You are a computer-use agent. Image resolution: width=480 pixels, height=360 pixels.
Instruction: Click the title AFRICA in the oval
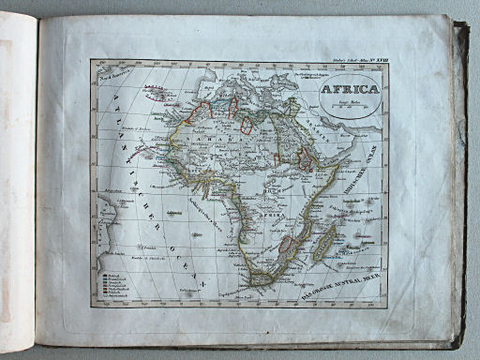pos(348,92)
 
